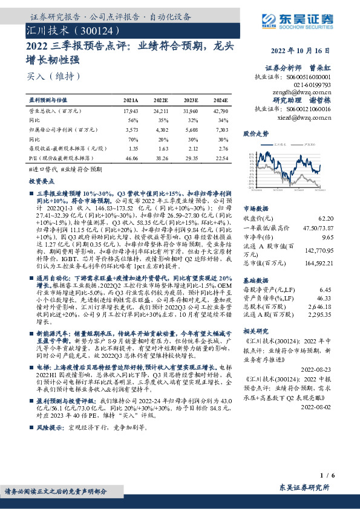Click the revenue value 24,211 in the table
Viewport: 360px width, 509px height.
pyautogui.click(x=160, y=112)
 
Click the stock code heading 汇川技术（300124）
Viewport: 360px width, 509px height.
pyautogui.click(x=69, y=30)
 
